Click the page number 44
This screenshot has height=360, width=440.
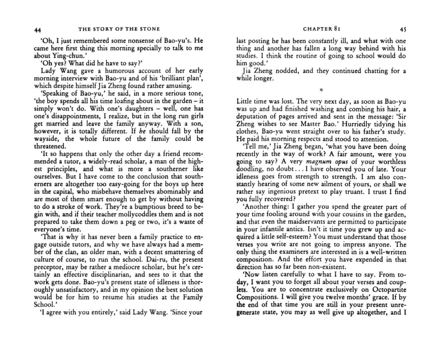pyautogui.click(x=38, y=30)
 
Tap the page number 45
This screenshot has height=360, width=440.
pyautogui.click(x=403, y=29)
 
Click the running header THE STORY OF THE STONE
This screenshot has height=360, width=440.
pyautogui.click(x=119, y=29)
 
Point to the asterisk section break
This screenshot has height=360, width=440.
pyautogui.click(x=321, y=90)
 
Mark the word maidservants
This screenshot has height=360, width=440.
pyautogui.click(x=302, y=222)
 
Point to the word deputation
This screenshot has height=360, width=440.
pyautogui.click(x=253, y=116)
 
